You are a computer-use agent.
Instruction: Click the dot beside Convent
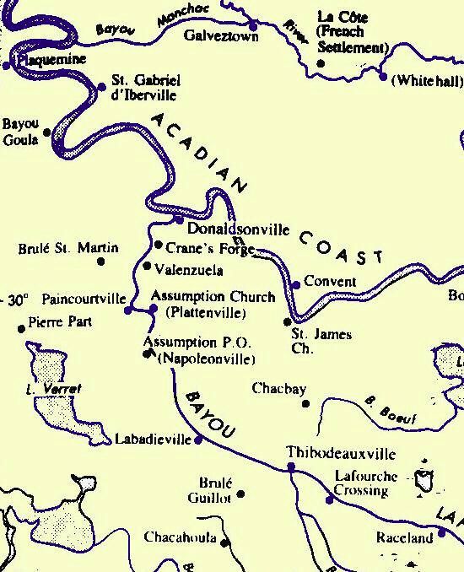tap(296, 285)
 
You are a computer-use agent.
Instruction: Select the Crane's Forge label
tap(202, 248)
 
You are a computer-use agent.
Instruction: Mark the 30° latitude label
tap(16, 299)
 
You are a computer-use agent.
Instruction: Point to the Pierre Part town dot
tap(22, 329)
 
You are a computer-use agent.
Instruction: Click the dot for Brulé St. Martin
tap(102, 262)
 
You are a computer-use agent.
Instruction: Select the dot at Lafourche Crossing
tap(329, 499)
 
